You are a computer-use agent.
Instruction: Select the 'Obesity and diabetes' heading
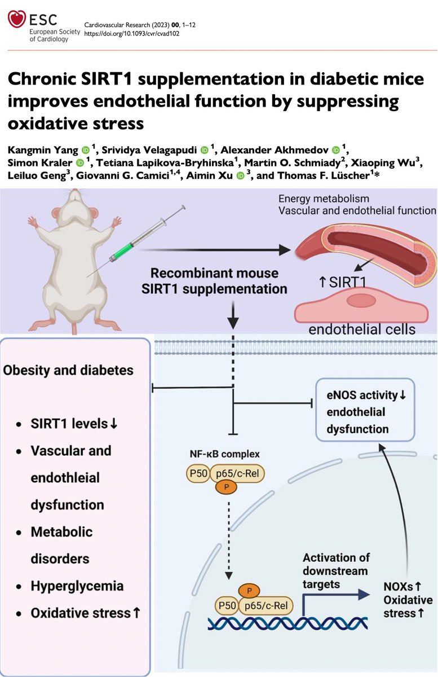68,371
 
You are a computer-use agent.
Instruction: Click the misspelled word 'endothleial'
65,477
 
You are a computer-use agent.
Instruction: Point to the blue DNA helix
287,623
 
